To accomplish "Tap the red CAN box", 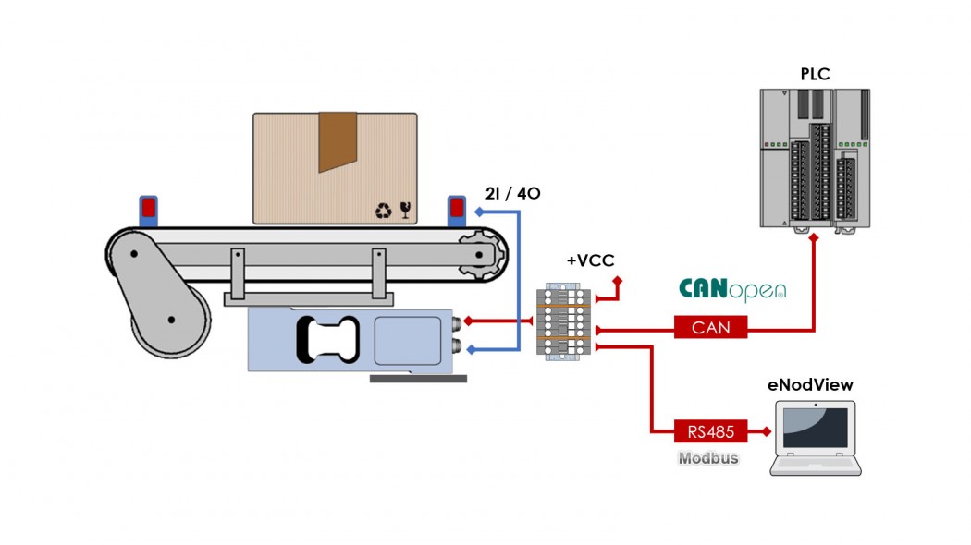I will [x=710, y=327].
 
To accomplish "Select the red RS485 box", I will [x=710, y=430].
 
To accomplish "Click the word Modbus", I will [x=708, y=457].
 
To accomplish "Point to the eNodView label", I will [x=810, y=384].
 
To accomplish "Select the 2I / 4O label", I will [x=512, y=194].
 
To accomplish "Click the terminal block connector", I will [x=563, y=320].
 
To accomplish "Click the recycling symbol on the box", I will [x=383, y=212].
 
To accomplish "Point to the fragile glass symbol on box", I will [x=405, y=211].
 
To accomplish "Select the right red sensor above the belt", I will [x=456, y=208].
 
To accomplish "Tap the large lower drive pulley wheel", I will [x=171, y=321].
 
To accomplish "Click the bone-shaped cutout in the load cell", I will [x=326, y=339].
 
